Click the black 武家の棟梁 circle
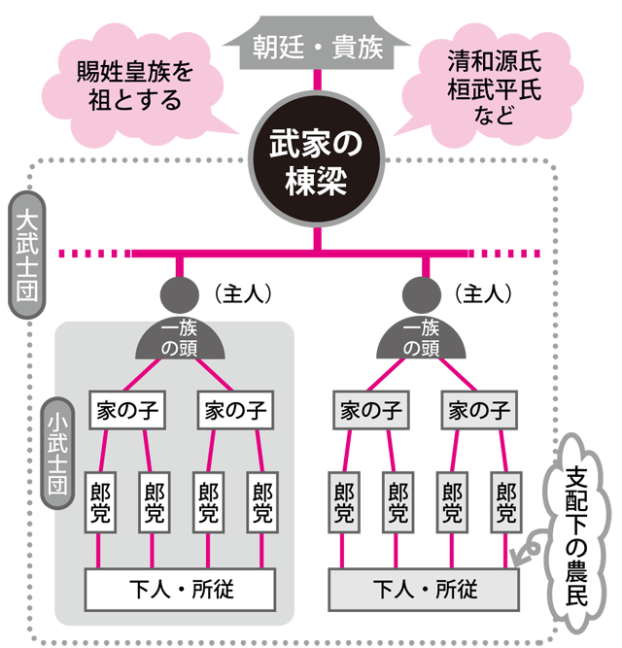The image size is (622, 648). tap(317, 159)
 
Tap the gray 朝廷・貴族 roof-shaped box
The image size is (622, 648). tap(317, 44)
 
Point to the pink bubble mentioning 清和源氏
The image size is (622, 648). tap(492, 85)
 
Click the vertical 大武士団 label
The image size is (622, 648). tap(27, 255)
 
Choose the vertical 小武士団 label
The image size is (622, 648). tap(57, 454)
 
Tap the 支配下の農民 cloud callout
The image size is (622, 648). tap(576, 533)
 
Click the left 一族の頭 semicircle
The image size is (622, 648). tap(180, 340)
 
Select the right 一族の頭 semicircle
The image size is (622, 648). tap(421, 340)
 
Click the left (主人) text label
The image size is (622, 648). tap(243, 294)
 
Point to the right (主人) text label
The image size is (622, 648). tap(483, 294)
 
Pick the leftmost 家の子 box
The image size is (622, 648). tap(127, 410)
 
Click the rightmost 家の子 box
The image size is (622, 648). tap(479, 410)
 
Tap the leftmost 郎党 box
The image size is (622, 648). tap(100, 502)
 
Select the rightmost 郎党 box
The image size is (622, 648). tap(506, 502)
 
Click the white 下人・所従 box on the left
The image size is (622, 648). tap(180, 590)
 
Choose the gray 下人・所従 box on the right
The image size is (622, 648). tap(424, 590)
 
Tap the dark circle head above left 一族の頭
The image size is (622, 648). tap(180, 295)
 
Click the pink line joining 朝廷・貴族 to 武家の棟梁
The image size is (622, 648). tap(317, 81)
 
